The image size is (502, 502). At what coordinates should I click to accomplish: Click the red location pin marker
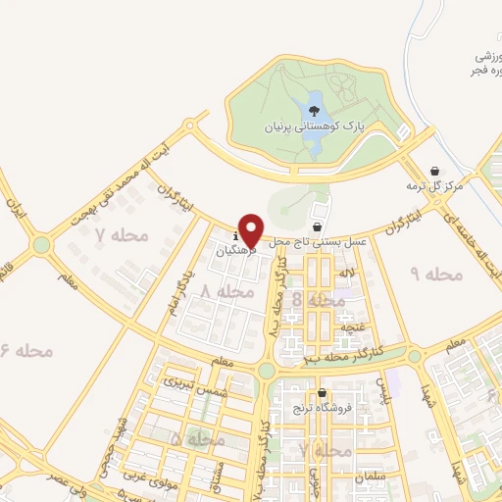click(251, 230)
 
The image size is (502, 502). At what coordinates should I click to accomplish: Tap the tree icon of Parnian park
click(314, 112)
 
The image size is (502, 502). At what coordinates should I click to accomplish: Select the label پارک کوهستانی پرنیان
click(314, 128)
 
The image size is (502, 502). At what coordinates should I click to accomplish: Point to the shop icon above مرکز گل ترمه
click(435, 172)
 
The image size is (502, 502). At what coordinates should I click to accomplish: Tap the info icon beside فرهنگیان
click(236, 236)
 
